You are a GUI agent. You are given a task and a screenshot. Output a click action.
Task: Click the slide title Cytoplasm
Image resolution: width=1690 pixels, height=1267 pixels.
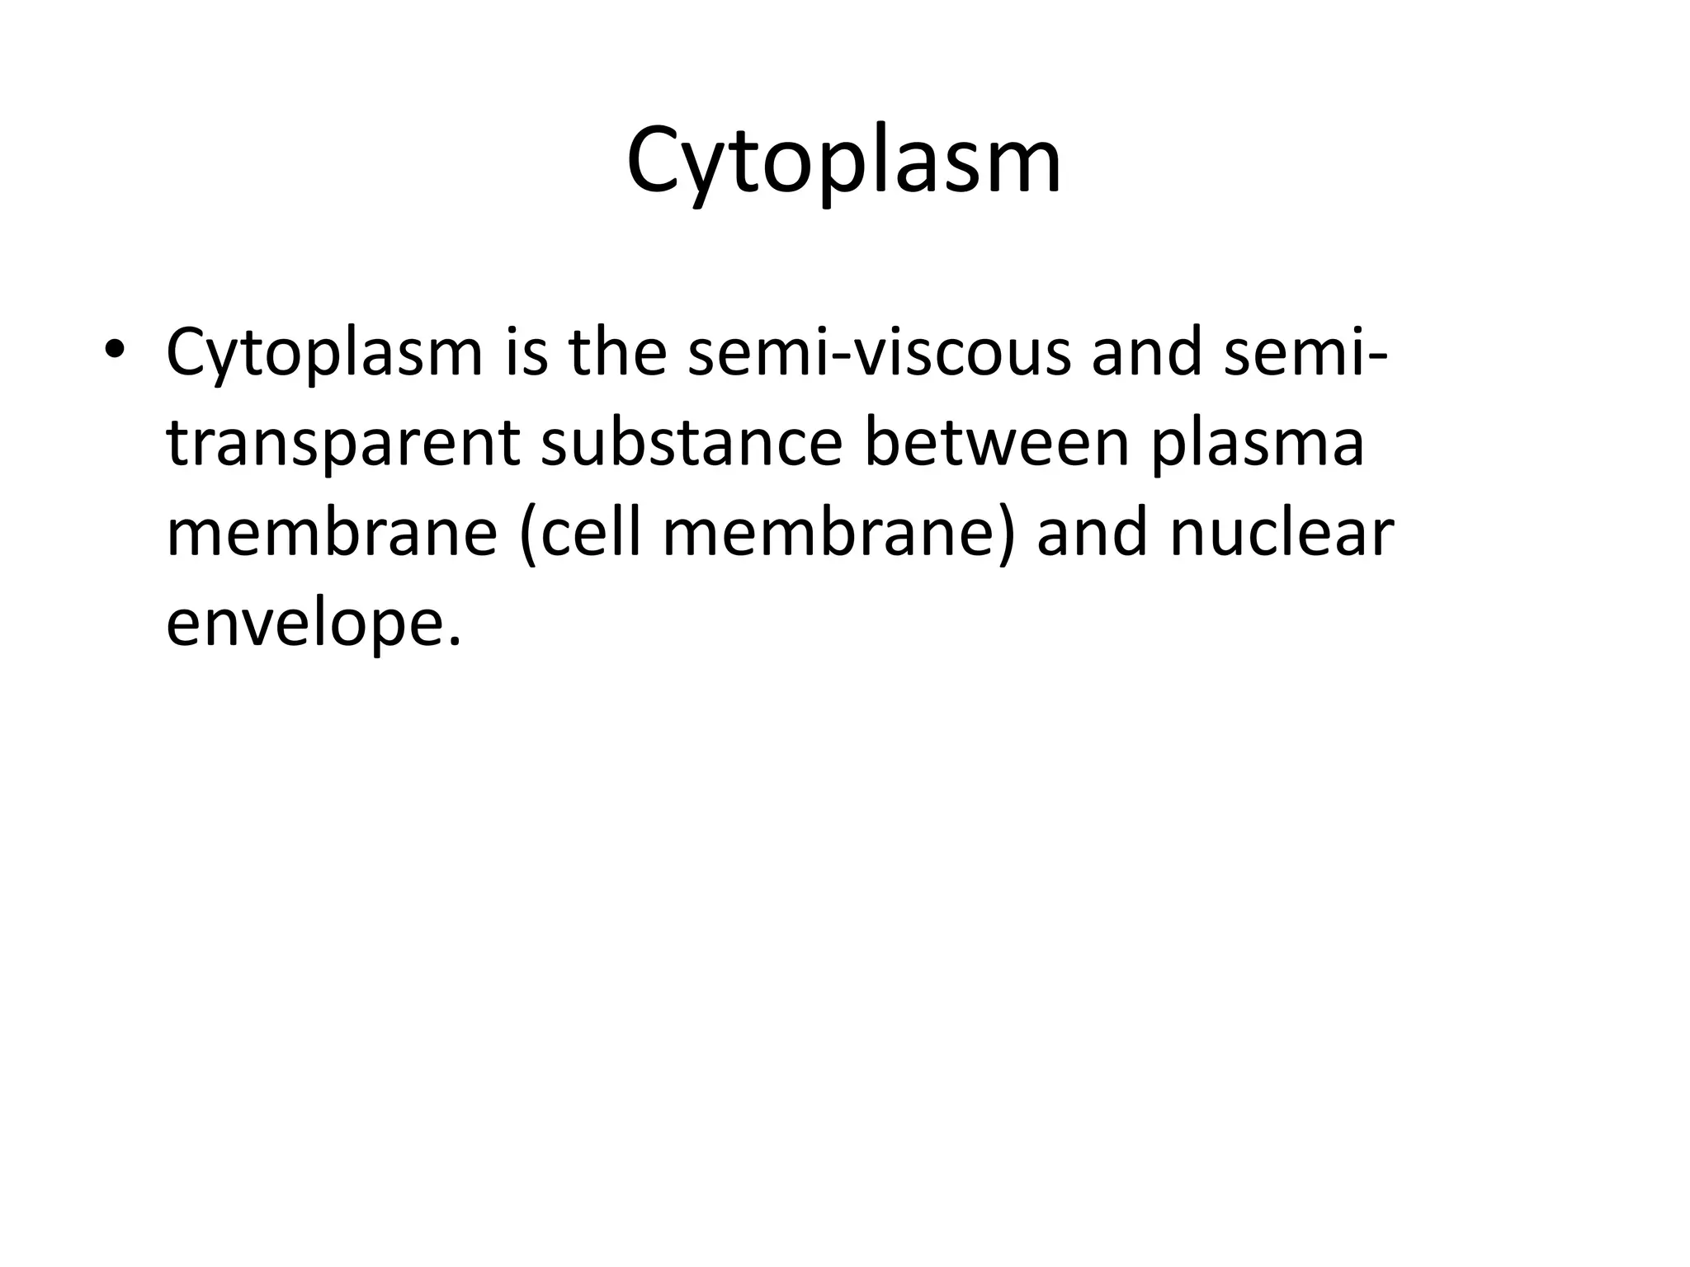pos(843,161)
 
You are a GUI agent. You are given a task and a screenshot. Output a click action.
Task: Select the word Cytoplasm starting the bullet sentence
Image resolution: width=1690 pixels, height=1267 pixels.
pos(324,353)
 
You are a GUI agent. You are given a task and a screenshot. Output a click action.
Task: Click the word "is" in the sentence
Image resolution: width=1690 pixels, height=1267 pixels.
pos(527,351)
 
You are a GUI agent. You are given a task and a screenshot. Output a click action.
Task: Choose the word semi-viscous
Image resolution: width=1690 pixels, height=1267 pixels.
pos(878,351)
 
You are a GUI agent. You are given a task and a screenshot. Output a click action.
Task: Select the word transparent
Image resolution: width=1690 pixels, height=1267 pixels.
pos(342,444)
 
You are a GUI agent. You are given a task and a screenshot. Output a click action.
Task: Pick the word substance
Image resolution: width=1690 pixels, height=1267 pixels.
pos(691,442)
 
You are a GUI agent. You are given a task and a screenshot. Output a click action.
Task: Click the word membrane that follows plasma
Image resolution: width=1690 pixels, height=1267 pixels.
pos(332,533)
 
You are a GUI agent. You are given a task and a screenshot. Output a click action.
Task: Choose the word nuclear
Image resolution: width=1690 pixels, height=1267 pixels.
pos(1282,533)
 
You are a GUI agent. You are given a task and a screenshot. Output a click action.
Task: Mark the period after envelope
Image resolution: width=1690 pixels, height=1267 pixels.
pos(452,642)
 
